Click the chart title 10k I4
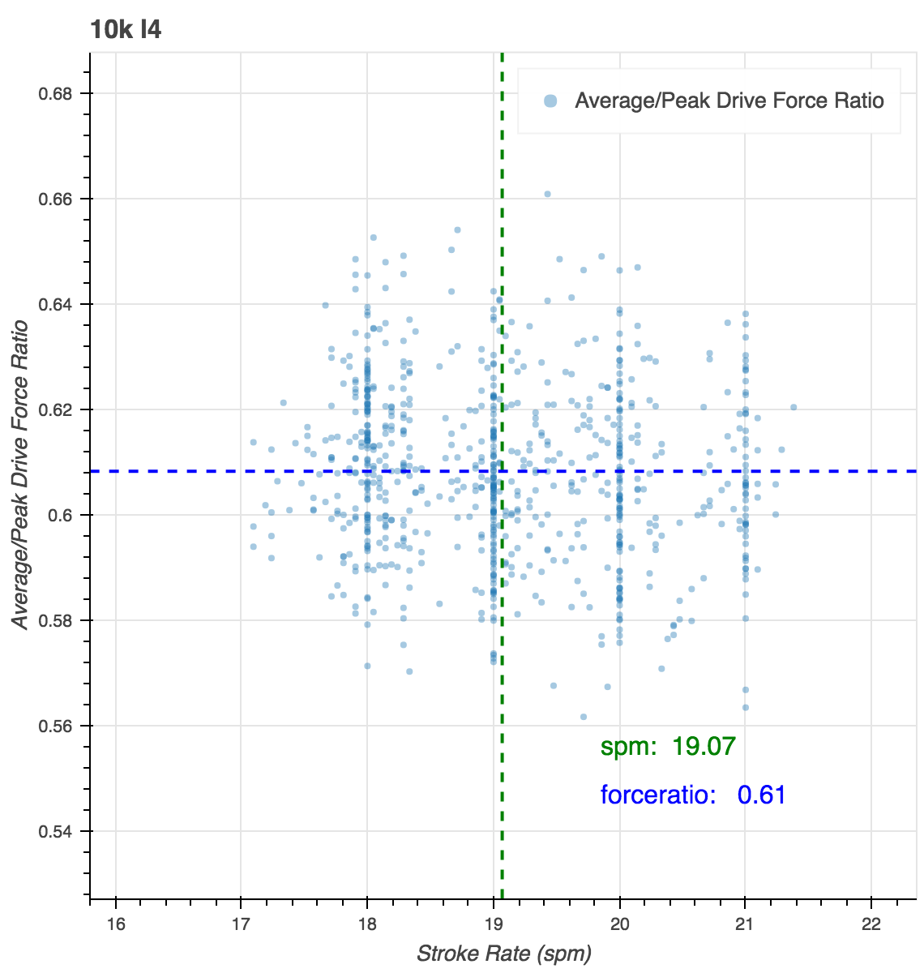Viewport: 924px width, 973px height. click(x=126, y=30)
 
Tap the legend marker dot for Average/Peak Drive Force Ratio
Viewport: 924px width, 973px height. click(x=551, y=101)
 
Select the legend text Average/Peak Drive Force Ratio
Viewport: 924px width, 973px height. click(x=729, y=101)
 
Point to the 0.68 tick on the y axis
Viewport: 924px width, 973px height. click(x=55, y=93)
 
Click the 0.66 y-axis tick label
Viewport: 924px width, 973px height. click(x=55, y=199)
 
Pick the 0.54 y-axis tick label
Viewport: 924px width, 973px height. click(x=55, y=831)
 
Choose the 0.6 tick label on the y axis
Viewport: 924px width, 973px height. click(x=62, y=515)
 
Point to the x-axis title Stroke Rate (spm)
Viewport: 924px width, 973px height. click(x=503, y=953)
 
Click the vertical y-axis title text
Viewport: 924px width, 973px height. click(x=21, y=474)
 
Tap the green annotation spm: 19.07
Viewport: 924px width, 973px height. click(x=668, y=746)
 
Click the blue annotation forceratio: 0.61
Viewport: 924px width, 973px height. click(x=693, y=795)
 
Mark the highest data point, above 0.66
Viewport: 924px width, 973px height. click(x=547, y=194)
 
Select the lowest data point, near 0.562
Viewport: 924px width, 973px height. click(x=583, y=717)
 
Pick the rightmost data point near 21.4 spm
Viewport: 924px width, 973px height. click(x=794, y=407)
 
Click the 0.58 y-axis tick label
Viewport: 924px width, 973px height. click(x=55, y=620)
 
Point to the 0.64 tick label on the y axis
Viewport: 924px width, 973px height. click(x=55, y=304)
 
